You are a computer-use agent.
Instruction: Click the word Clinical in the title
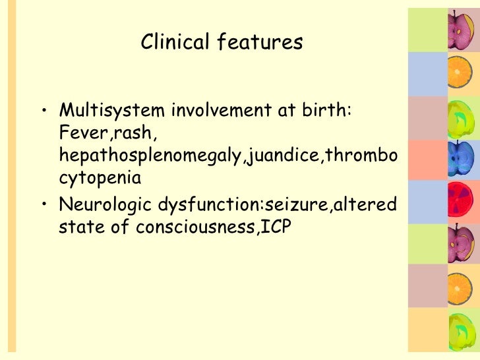tap(173, 43)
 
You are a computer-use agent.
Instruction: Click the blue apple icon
tap(457, 157)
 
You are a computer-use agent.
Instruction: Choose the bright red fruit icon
tap(457, 201)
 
